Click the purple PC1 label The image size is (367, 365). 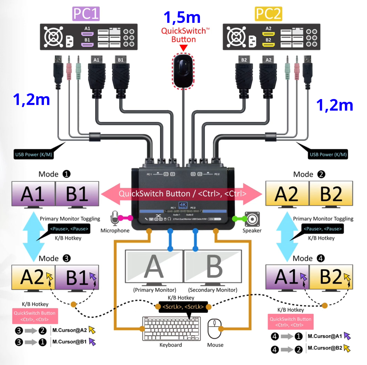86,14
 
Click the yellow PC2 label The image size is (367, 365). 268,14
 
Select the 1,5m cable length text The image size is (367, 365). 182,17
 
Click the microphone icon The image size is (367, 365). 114,218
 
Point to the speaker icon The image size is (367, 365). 252,219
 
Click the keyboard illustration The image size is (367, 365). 171,329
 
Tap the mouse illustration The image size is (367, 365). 214,329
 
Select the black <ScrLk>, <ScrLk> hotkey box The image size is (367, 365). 183,307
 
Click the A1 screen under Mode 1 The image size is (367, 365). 33,194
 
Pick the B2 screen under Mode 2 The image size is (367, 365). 331,194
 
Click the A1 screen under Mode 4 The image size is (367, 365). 287,277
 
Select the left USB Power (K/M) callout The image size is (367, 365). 34,155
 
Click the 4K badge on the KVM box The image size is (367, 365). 183,205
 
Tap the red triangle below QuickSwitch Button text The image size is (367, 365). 183,48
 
